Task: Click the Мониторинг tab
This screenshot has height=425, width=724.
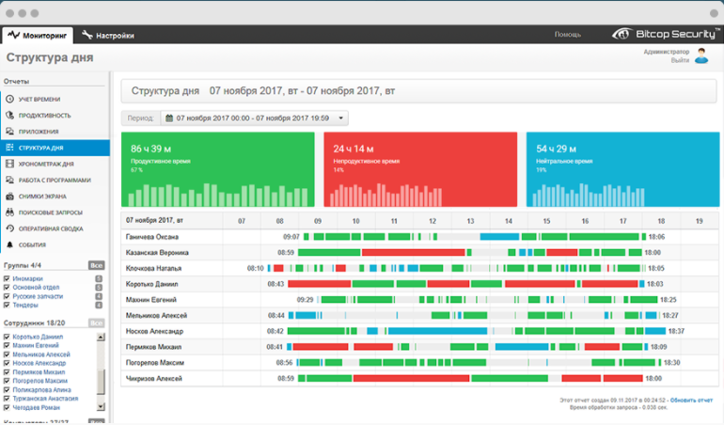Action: coord(38,36)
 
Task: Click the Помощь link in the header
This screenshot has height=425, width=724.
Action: coord(567,35)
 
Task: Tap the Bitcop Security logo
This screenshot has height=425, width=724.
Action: coord(662,34)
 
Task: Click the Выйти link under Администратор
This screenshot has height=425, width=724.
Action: coord(679,61)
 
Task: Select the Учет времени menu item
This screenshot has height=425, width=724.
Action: coord(39,99)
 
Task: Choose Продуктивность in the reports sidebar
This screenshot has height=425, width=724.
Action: coord(44,115)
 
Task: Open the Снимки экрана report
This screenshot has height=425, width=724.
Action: coord(42,197)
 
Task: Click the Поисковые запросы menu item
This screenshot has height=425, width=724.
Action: coord(48,212)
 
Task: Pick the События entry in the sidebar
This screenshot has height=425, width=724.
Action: coord(32,244)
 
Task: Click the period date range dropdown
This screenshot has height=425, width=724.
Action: coord(254,118)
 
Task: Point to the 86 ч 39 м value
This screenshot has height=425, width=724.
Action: coord(150,150)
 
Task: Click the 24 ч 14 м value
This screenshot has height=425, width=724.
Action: coord(354,150)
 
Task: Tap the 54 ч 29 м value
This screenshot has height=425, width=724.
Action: coord(556,150)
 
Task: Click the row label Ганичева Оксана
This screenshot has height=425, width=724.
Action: coord(152,237)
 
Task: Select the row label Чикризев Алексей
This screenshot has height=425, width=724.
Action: coord(154,378)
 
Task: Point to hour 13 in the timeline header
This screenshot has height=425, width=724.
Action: coord(469,221)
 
